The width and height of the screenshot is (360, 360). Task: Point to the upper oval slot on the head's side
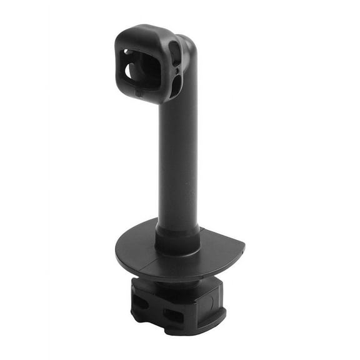pos(175,54)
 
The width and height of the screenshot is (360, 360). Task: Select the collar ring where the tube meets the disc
pos(177,237)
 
